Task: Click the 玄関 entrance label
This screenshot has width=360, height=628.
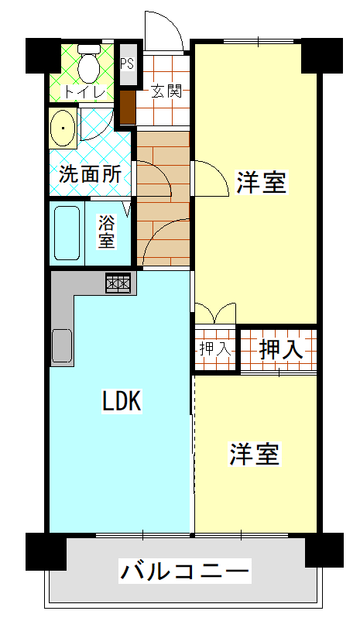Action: coord(166,91)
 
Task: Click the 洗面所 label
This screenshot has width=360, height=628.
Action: coord(90,174)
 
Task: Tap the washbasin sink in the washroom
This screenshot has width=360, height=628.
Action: coord(63,128)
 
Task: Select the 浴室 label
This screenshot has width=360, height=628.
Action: coord(106,232)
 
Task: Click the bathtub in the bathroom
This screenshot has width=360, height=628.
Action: coord(67,233)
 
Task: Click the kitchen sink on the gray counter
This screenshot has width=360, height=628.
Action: coord(62,345)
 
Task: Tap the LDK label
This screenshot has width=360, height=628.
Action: coord(122,401)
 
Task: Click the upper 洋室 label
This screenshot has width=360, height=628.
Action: coord(262,184)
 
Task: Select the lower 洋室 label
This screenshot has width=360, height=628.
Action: coord(254,455)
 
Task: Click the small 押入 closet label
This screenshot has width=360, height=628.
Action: coord(214,349)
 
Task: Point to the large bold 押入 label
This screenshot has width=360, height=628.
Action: coord(280,349)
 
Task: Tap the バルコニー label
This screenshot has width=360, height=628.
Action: coord(186,573)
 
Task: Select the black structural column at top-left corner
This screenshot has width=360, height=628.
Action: coord(43,55)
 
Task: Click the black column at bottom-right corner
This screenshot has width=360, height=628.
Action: coord(324,551)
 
